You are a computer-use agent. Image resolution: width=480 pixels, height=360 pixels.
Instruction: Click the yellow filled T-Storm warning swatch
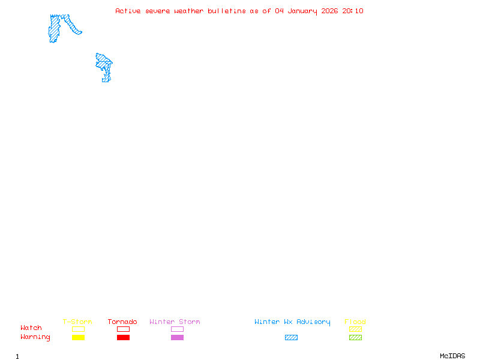click(78, 338)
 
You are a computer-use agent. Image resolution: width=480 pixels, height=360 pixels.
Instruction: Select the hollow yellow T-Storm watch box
click(78, 329)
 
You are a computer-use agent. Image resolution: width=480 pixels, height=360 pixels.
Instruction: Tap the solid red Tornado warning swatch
click(123, 338)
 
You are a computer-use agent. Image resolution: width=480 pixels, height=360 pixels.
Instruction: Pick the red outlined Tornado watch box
click(123, 329)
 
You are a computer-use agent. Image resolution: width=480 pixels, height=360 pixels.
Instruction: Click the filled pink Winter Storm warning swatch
click(177, 338)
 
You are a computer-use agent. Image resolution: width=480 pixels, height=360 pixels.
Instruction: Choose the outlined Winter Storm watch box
click(177, 329)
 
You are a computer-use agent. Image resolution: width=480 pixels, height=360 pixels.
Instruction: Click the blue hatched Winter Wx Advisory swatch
click(291, 338)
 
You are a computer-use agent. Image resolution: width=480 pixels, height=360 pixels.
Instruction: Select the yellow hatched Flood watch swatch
click(355, 329)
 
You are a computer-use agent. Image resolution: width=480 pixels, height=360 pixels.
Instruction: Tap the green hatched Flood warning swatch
click(355, 338)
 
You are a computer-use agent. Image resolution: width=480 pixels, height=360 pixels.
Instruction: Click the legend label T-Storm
click(77, 322)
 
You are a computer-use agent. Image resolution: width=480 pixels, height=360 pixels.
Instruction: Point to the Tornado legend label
click(122, 322)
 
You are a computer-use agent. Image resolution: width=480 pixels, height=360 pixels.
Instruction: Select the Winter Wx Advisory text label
click(292, 322)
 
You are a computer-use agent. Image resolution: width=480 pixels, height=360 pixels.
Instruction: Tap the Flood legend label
click(355, 322)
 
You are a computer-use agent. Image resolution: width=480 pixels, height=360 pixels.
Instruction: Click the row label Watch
click(31, 328)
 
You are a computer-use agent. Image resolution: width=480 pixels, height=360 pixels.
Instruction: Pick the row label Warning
click(35, 337)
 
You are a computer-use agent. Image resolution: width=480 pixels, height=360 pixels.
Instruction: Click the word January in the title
click(301, 11)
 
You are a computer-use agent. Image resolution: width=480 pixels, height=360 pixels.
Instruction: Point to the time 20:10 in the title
click(353, 11)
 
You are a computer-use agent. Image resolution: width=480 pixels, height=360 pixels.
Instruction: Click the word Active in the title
click(128, 11)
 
